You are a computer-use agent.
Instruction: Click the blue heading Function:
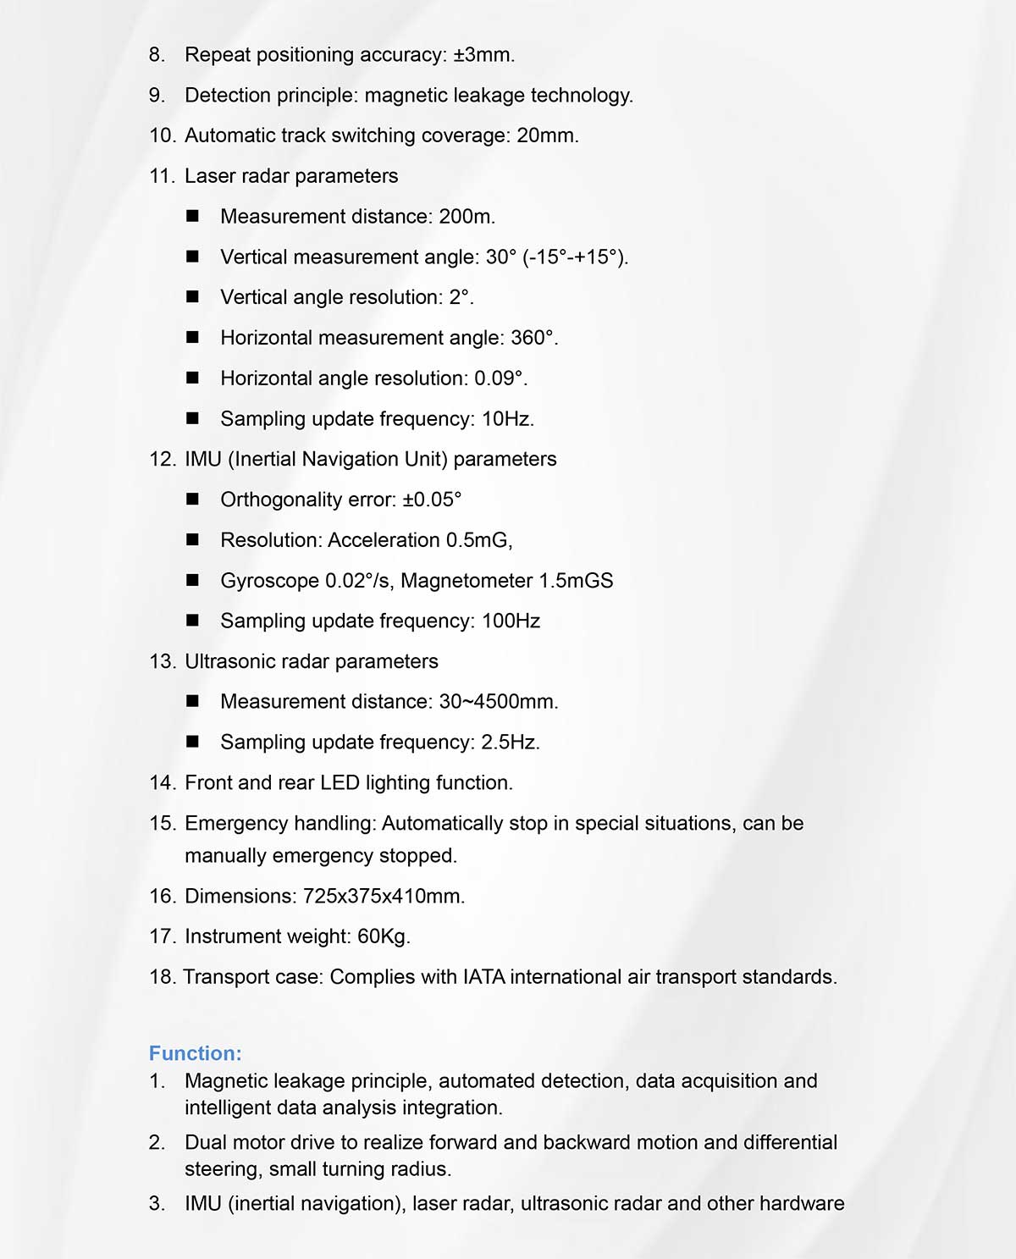[x=195, y=1053]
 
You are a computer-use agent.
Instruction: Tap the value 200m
[x=467, y=217]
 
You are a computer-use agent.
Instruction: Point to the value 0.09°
[x=500, y=378]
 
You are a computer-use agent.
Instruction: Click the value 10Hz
[x=507, y=419]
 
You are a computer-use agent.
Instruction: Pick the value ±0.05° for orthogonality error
[x=432, y=500]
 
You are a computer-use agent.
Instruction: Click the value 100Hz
[x=511, y=621]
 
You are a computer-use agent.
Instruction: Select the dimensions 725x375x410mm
[x=384, y=897]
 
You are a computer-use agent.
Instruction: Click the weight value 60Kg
[x=384, y=936]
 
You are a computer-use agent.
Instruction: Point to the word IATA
[x=483, y=977]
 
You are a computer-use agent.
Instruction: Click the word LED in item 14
[x=340, y=783]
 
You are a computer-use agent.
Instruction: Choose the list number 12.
[x=161, y=460]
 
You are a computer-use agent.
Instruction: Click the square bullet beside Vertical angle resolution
[x=193, y=297]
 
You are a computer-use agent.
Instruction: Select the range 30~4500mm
[x=498, y=702]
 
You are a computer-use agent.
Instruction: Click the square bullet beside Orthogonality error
[x=193, y=500]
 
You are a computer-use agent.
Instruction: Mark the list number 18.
[x=161, y=977]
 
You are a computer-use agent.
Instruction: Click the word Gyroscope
[x=269, y=581]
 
